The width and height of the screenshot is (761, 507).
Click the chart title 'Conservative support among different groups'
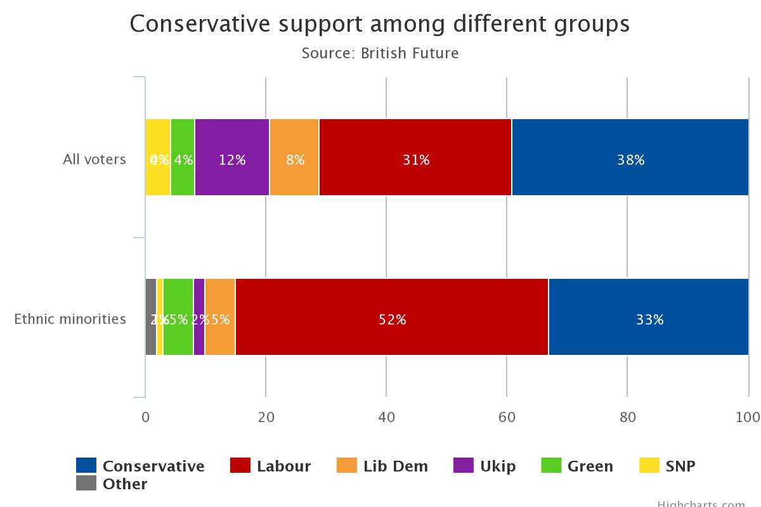coord(380,24)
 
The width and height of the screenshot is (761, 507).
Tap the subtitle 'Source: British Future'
coord(380,53)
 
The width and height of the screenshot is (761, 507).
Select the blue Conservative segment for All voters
coord(630,157)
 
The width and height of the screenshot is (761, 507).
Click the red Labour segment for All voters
coord(415,157)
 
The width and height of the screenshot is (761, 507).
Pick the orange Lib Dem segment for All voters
coord(294,157)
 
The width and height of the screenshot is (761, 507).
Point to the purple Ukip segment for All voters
coord(232,157)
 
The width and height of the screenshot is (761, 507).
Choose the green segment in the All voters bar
coord(183,157)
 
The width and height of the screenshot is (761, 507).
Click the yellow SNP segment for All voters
coord(158,157)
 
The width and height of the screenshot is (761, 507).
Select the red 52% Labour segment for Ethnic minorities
coord(391,317)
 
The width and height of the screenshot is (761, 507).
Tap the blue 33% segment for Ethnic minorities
coord(648,317)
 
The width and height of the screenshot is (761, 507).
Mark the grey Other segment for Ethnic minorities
coord(151,317)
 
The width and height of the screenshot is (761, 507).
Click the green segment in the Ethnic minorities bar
coord(178,317)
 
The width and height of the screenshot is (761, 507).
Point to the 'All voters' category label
coord(94,160)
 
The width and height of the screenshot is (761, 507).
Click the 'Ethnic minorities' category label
coord(70,319)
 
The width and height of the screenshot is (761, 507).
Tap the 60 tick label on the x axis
coord(507,417)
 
